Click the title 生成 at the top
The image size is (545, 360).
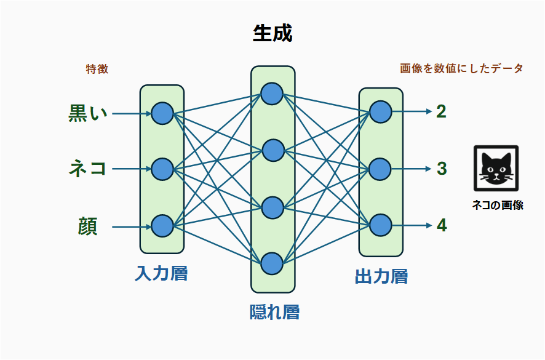click(272, 33)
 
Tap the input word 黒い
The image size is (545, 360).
click(87, 113)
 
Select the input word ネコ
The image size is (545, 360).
click(87, 169)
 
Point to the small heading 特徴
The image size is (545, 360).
click(97, 69)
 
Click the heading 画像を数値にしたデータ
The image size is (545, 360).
click(461, 68)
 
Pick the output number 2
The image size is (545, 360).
click(441, 111)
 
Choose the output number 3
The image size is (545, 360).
click(442, 169)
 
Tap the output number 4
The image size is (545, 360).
click(442, 225)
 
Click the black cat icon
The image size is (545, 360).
click(496, 168)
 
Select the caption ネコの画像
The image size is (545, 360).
click(497, 206)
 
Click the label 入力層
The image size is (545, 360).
click(161, 273)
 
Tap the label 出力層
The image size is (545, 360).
click(381, 276)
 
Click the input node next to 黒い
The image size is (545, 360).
click(162, 113)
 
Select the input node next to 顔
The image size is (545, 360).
click(162, 226)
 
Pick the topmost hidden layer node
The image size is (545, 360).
click(272, 94)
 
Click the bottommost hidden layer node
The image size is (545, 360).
click(272, 263)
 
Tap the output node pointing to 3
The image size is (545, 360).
click(380, 169)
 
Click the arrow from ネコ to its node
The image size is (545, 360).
click(132, 169)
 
